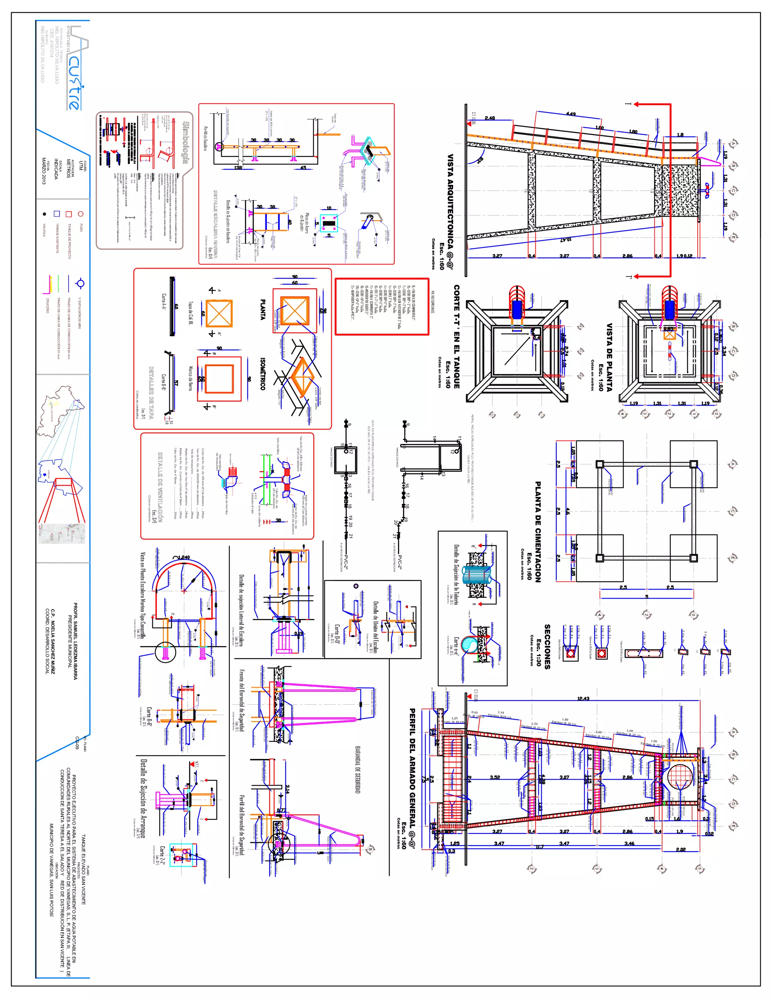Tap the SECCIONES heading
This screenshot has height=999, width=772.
point(547,647)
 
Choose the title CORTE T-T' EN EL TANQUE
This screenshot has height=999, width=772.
point(456,337)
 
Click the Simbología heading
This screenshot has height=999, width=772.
point(186,142)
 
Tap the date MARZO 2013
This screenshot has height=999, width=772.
point(44,171)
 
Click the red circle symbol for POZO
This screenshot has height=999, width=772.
point(81,214)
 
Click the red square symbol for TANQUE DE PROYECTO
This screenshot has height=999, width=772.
point(69,214)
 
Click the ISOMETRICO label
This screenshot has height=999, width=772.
point(262,374)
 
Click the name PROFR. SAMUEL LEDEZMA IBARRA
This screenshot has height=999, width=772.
point(75,640)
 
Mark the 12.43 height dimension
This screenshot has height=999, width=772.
point(583,699)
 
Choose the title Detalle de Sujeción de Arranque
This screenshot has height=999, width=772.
point(144,798)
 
